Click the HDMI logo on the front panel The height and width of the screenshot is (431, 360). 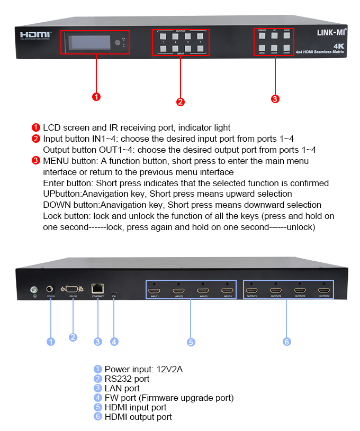click(35, 35)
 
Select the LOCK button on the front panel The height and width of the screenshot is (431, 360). click(287, 36)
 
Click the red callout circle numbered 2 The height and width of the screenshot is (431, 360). click(181, 102)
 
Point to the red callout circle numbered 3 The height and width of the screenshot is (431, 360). click(275, 99)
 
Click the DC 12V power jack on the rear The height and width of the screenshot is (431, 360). click(51, 289)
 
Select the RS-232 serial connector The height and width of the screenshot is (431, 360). click(73, 289)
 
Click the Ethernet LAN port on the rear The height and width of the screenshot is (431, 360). click(98, 289)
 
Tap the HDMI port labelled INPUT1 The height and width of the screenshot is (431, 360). click(155, 290)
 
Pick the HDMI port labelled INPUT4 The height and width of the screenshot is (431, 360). click(227, 290)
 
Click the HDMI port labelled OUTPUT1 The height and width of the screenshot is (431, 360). click(252, 290)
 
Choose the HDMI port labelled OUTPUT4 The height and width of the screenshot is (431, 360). click(324, 290)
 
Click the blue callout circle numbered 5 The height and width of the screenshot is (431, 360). click(191, 342)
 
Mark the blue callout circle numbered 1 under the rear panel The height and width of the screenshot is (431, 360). click(51, 342)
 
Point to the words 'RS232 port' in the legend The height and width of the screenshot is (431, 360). click(127, 379)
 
